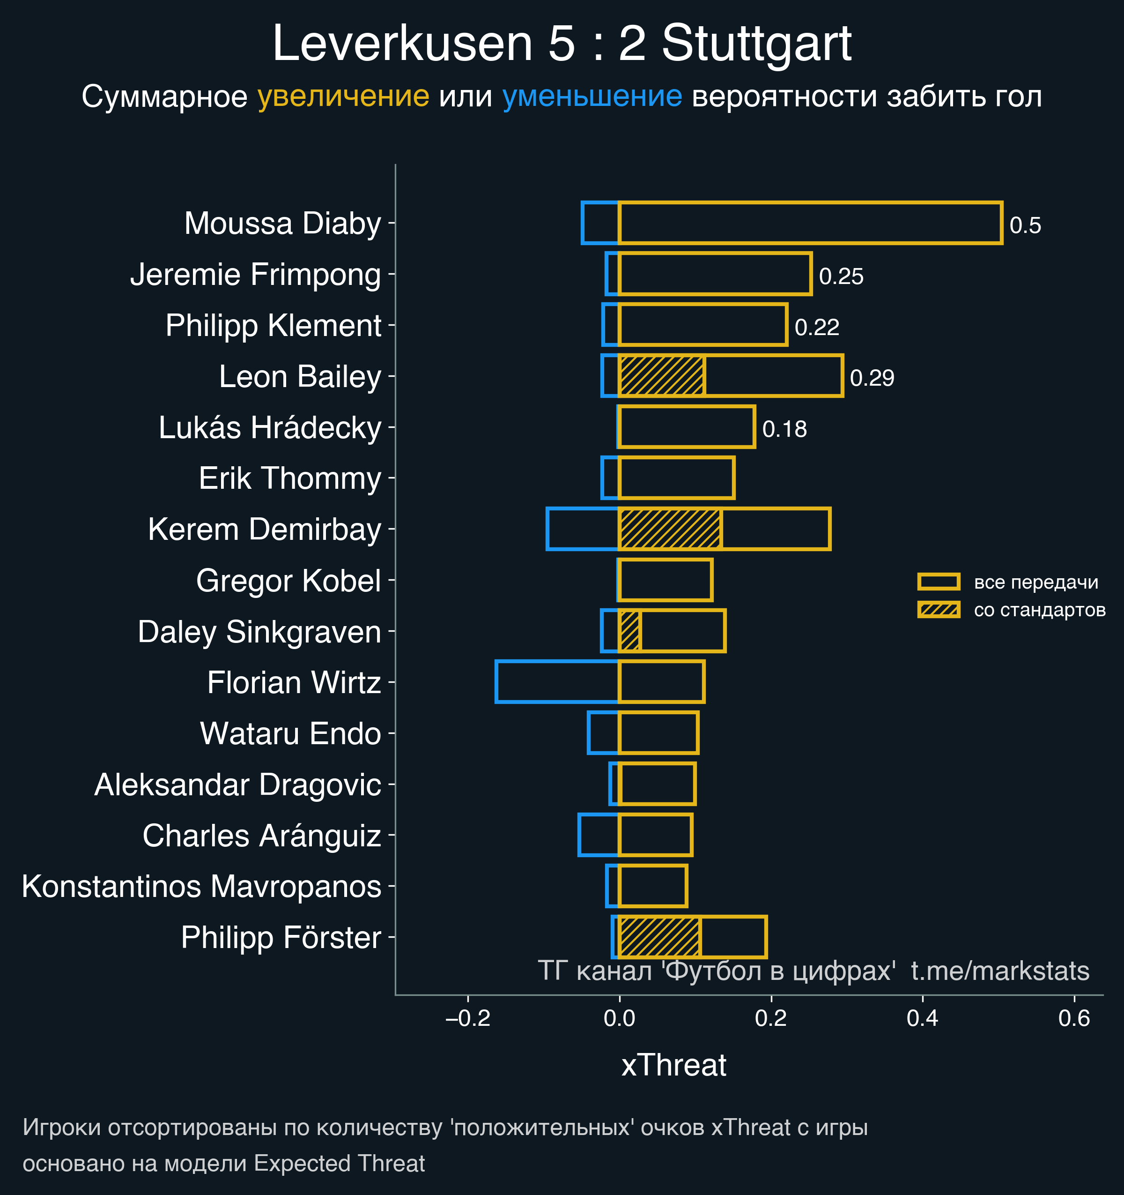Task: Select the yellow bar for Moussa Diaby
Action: point(810,223)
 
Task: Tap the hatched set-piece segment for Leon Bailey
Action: point(661,376)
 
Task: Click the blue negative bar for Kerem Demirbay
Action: point(583,529)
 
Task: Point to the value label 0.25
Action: point(841,276)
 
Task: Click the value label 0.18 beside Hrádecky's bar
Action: point(784,429)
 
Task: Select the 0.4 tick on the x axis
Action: point(923,1018)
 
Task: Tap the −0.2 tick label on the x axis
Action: point(468,1018)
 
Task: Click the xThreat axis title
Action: point(673,1065)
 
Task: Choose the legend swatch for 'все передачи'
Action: point(939,582)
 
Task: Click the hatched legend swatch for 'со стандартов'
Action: point(939,610)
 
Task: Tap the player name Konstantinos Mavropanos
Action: point(201,886)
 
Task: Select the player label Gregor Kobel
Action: point(288,581)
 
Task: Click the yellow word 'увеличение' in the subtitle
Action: point(343,96)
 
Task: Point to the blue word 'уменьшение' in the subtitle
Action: point(592,96)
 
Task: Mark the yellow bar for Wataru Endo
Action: point(658,733)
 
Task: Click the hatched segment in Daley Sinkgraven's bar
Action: point(629,631)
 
